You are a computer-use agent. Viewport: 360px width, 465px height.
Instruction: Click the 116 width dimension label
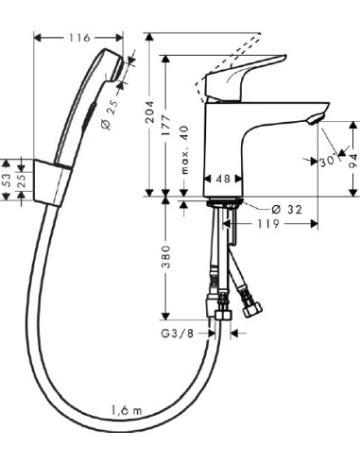click(x=79, y=38)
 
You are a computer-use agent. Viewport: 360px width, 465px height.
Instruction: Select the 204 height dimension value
click(x=150, y=112)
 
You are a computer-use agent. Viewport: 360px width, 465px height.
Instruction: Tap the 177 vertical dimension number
click(x=166, y=126)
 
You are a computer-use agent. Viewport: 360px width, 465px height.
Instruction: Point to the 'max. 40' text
click(x=184, y=149)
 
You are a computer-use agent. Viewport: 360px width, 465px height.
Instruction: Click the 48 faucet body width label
click(x=223, y=179)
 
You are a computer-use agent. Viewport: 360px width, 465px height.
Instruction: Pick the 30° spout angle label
click(x=327, y=162)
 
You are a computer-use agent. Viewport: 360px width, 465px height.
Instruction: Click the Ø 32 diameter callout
click(x=286, y=209)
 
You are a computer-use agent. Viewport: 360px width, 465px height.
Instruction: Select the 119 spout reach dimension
click(x=268, y=224)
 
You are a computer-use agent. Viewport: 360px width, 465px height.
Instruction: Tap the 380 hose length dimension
click(x=166, y=257)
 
